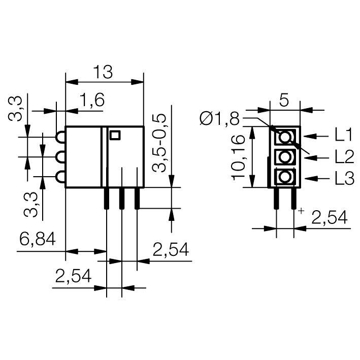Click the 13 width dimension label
[104, 73]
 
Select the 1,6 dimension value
[92, 101]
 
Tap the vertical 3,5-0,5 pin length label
[160, 143]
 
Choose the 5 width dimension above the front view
[284, 100]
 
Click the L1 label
[343, 136]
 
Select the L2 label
[343, 157]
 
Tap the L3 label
[343, 178]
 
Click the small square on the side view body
[115, 135]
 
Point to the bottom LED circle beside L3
[285, 178]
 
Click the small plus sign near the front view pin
[302, 210]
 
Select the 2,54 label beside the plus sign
[329, 218]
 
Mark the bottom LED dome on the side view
[61, 177]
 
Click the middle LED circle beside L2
[285, 157]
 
